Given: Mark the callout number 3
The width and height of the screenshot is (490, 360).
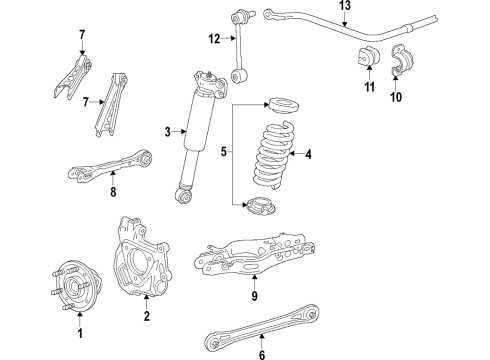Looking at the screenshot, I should tap(168, 131).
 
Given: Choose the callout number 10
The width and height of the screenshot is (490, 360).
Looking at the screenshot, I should tap(394, 98).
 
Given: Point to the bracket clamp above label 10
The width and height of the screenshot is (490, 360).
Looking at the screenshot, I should tap(399, 61).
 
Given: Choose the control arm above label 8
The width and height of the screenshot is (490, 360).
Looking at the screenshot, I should tap(110, 164).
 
